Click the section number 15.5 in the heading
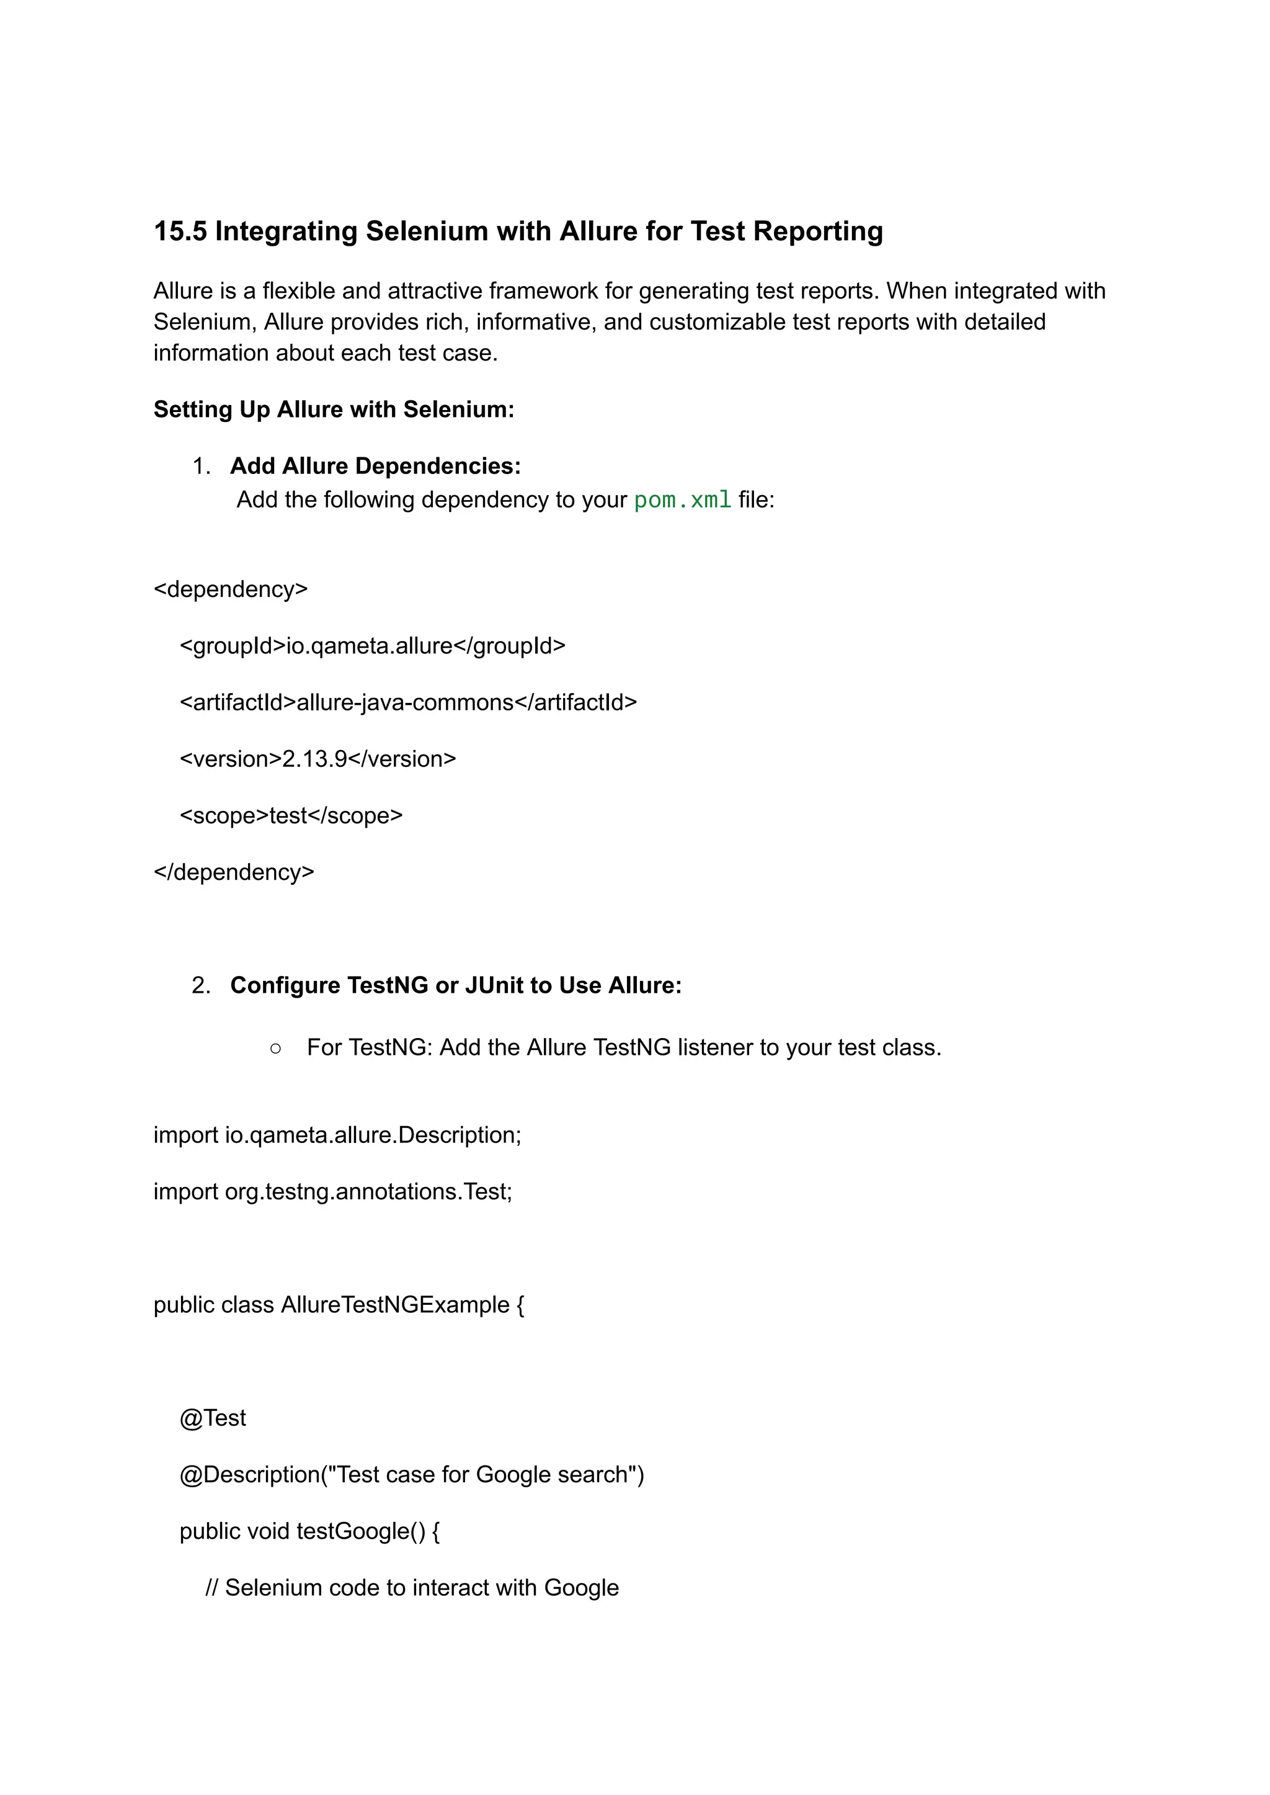(180, 231)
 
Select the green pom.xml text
(682, 500)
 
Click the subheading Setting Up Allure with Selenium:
(333, 410)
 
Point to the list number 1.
(201, 467)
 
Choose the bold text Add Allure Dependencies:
(375, 467)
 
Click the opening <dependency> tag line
(231, 589)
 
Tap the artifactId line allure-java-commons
(408, 702)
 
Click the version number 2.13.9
(314, 759)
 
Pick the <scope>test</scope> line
(291, 815)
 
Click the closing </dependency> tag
(234, 872)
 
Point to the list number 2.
(201, 985)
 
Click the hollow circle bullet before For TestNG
(275, 1049)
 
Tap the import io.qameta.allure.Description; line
(337, 1135)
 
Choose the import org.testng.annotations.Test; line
(332, 1192)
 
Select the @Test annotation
(213, 1418)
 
